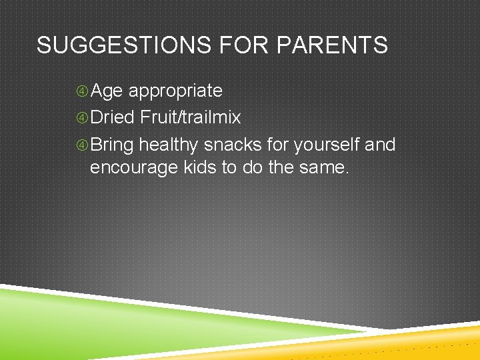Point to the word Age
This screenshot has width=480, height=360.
tap(107, 91)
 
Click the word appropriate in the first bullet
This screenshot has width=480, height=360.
tap(175, 91)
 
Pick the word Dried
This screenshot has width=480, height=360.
tap(112, 118)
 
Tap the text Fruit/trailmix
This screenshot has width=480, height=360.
tap(190, 118)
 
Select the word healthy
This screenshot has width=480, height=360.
tap(169, 145)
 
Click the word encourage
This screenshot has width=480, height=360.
tap(134, 167)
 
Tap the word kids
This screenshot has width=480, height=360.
tap(199, 167)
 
